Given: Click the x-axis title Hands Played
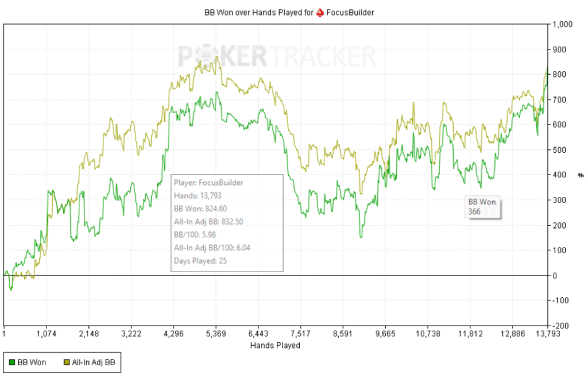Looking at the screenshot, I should tap(275, 346).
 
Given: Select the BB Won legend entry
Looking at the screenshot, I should tap(28, 362).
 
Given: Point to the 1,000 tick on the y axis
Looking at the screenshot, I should tap(563, 25).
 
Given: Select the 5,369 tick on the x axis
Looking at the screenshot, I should tap(216, 333).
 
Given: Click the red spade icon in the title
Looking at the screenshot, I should tap(320, 12).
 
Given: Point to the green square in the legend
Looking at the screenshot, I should tap(11, 362).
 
